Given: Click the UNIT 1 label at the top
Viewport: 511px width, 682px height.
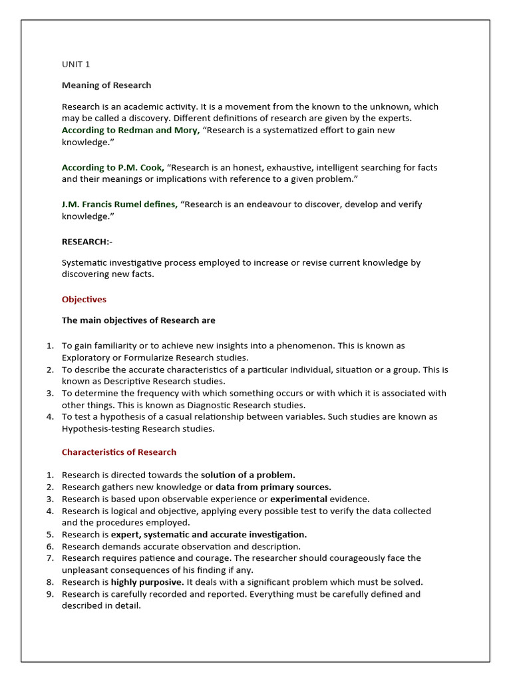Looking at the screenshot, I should pos(75,65).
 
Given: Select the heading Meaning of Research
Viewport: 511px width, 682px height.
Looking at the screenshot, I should pos(106,85).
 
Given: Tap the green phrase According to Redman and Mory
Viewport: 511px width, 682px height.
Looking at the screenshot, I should pos(130,131).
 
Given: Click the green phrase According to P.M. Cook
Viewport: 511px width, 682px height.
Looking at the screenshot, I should pos(113,168).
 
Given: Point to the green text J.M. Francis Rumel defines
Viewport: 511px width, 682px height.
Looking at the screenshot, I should pos(120,204).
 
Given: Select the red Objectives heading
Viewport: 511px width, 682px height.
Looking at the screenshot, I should pos(84,300).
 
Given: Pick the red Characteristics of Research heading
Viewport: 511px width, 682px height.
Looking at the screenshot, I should pos(119,452).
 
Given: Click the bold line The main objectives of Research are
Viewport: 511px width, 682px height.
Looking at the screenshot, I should pos(138,320).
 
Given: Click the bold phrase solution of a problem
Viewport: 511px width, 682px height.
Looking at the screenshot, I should pos(248,476).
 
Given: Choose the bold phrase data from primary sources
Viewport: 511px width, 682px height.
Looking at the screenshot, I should pos(273,488).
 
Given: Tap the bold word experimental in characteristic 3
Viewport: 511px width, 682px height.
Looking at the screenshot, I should pos(299,499).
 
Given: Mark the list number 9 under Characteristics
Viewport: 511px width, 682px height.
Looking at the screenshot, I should pos(49,594).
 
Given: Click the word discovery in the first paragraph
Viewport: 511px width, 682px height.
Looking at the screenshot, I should pos(140,119).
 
